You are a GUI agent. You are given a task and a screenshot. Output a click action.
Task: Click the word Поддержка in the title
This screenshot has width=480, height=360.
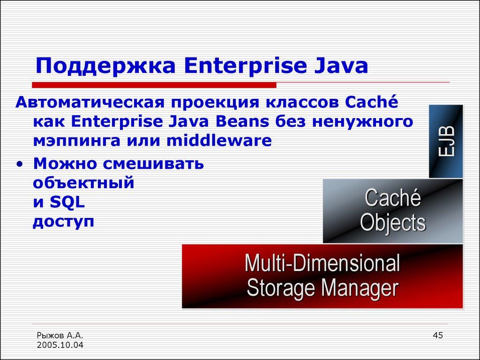[x=106, y=67]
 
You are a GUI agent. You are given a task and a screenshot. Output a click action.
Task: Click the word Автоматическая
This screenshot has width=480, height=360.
[x=89, y=102]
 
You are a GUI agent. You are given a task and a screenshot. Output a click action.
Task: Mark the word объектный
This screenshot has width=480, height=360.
[x=83, y=183]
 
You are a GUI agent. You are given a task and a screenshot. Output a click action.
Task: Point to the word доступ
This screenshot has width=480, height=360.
[x=64, y=221]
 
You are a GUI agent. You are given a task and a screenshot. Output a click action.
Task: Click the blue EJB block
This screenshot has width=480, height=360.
[x=446, y=142]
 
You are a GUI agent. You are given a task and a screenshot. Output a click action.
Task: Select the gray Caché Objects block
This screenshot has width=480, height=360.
[x=393, y=211]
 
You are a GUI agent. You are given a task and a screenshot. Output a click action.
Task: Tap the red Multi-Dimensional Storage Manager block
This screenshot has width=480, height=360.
[x=322, y=276]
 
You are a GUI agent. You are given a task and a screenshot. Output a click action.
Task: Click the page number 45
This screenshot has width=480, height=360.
[x=438, y=335]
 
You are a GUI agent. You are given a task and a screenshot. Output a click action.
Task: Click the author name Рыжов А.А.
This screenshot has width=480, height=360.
[x=60, y=335]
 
